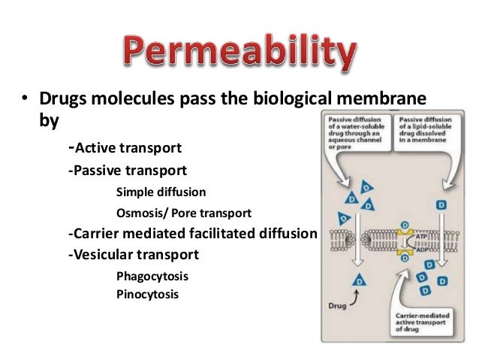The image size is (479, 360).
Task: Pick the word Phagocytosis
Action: [x=152, y=276]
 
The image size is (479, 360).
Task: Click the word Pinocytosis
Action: [x=148, y=295]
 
